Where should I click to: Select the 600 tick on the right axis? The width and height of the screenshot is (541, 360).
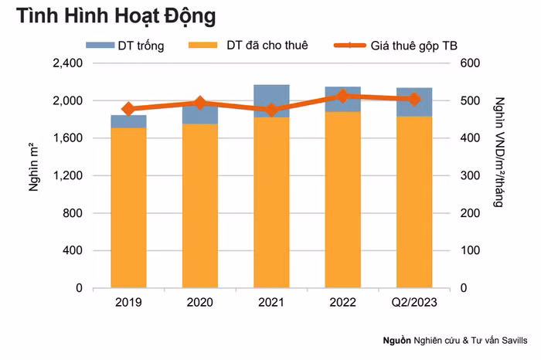[471, 63]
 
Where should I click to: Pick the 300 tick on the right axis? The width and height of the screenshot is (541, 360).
[471, 176]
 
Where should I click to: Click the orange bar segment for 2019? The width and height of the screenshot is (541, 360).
[128, 209]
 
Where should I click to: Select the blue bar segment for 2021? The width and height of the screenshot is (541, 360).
[270, 101]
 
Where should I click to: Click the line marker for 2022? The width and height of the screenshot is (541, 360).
[342, 97]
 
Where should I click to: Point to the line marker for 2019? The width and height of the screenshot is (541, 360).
[128, 110]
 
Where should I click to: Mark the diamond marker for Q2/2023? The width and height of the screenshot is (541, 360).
[413, 99]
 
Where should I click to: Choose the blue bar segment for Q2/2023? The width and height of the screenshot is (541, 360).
[413, 103]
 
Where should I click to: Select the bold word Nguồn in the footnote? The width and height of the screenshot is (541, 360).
[397, 341]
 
